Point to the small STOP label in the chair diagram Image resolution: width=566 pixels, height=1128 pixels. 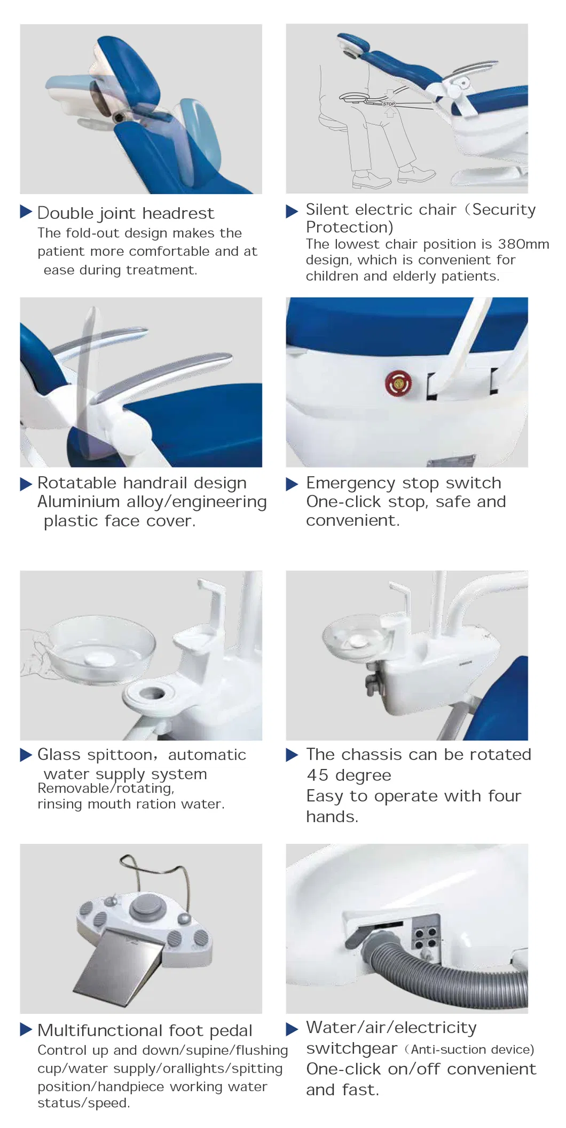[389, 104]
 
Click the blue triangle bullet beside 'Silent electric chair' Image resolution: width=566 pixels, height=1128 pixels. [292, 211]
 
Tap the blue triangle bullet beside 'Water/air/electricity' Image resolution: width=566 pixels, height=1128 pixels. [292, 1029]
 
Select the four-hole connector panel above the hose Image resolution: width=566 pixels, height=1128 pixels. [426, 937]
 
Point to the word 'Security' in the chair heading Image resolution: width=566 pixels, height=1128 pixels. [504, 210]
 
